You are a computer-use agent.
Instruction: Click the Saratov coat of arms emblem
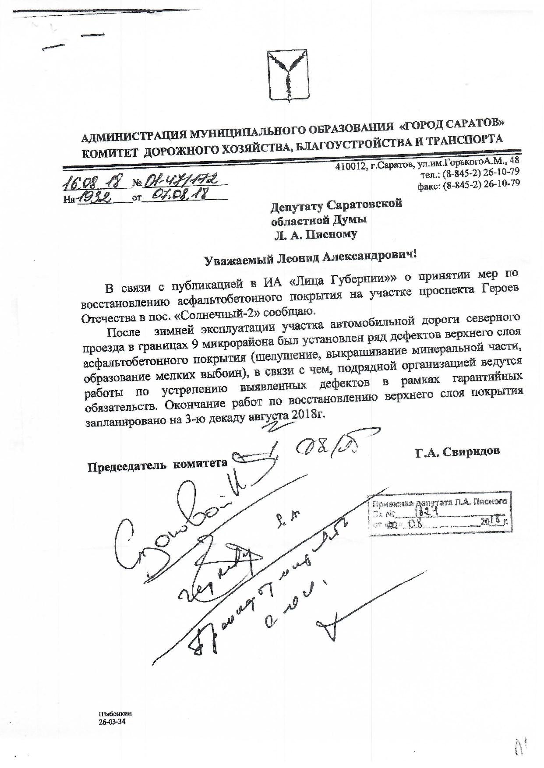tap(287, 75)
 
